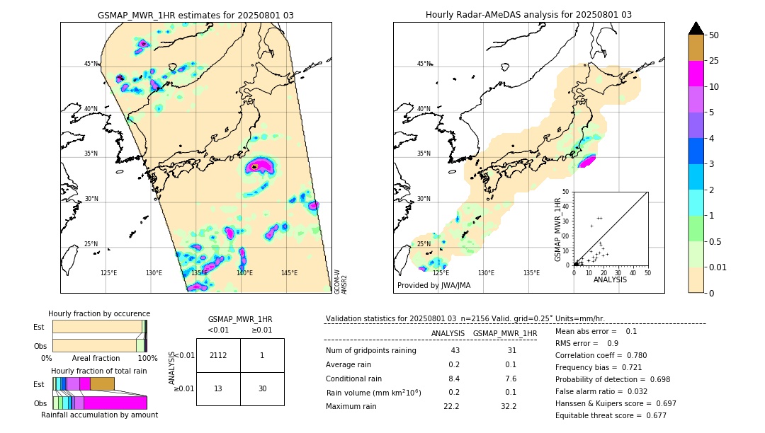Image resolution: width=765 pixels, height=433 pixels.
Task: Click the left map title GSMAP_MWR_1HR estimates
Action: [x=195, y=15]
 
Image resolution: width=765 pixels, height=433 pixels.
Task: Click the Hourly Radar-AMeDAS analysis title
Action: [x=528, y=15]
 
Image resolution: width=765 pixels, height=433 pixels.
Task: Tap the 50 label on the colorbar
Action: [x=714, y=35]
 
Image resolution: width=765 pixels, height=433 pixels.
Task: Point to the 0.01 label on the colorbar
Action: [x=718, y=267]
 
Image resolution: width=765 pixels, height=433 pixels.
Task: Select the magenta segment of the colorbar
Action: [x=696, y=74]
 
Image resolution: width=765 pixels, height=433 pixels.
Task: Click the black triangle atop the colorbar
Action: [x=696, y=28]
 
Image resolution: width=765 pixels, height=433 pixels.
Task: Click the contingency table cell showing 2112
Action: [x=218, y=355]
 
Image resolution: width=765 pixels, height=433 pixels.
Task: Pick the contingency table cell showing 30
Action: [x=262, y=388]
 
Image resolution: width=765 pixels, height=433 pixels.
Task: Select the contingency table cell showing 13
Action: [x=218, y=388]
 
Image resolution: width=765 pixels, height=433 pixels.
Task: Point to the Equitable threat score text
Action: [x=611, y=415]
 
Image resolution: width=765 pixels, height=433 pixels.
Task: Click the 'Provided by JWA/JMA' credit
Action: [x=433, y=285]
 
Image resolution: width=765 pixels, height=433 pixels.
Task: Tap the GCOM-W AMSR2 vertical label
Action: [x=341, y=281]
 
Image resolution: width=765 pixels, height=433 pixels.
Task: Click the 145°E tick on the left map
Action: [x=289, y=273]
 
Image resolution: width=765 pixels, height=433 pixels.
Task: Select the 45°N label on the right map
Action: [x=424, y=64]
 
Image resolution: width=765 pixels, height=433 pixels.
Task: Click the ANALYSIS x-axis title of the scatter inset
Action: [x=610, y=280]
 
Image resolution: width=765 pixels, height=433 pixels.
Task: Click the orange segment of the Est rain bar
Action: [x=102, y=383]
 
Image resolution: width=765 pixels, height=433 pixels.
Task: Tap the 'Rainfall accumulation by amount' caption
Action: [x=99, y=415]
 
